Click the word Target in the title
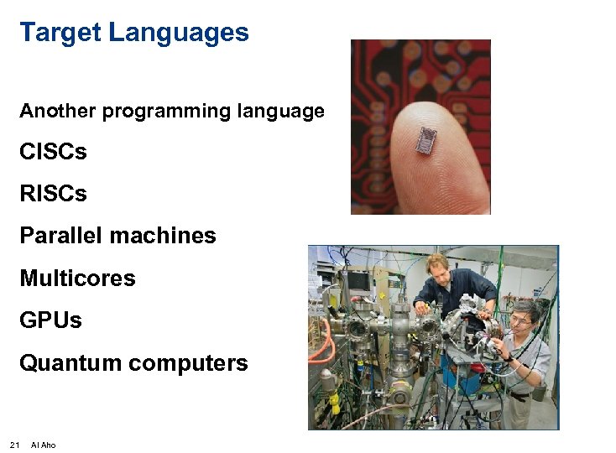(60, 33)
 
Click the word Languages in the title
(179, 34)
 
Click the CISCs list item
(53, 153)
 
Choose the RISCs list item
(53, 194)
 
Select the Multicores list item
(77, 278)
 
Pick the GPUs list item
(50, 320)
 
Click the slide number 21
(14, 445)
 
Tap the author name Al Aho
(43, 445)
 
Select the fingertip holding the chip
(436, 151)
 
